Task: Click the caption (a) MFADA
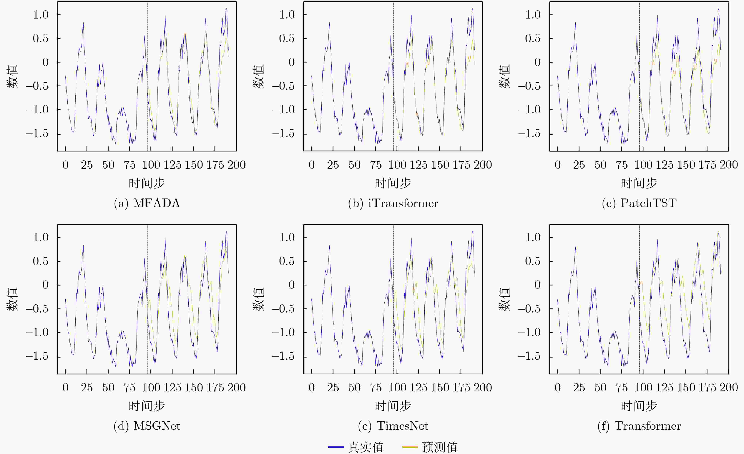pos(147,203)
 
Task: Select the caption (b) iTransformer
pos(393,203)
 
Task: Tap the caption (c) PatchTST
pos(639,203)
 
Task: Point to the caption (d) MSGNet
pos(147,426)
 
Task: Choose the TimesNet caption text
pos(393,426)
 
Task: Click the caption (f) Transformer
pos(639,426)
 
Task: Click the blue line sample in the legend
pos(336,447)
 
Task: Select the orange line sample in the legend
pos(410,447)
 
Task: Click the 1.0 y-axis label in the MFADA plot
pos(41,14)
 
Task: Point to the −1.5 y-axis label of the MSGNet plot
pos(37,356)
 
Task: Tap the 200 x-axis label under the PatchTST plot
pos(729,165)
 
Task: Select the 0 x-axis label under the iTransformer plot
pos(312,165)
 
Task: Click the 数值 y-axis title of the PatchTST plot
pos(504,76)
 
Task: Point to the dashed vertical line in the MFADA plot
pos(147,76)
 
